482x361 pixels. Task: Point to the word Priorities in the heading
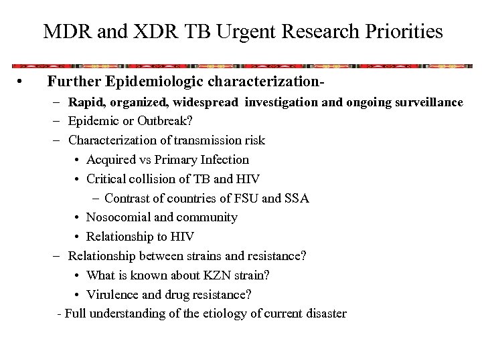click(x=400, y=31)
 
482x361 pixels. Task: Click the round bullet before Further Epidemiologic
click(x=22, y=83)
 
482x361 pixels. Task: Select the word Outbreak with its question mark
click(x=160, y=121)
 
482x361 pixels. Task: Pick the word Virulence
click(x=114, y=294)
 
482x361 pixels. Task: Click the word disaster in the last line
click(x=323, y=313)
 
